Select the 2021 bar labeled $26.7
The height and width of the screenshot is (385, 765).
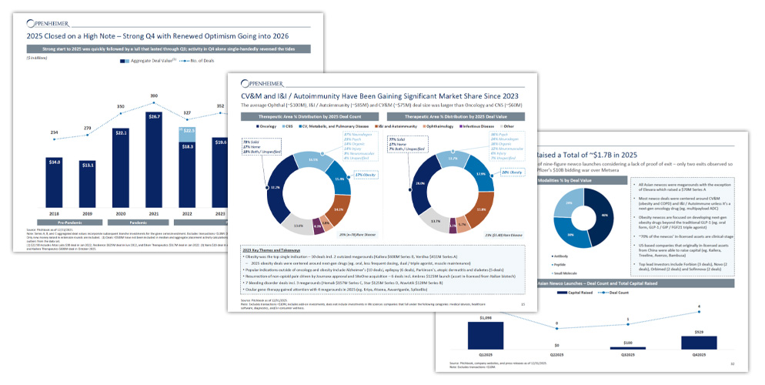(154, 162)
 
